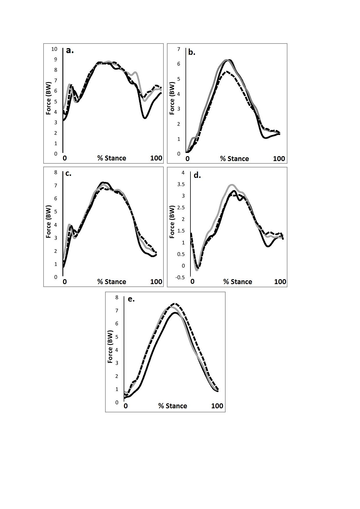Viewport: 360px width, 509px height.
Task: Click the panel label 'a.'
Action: click(x=70, y=50)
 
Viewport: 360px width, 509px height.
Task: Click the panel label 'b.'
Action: click(x=192, y=52)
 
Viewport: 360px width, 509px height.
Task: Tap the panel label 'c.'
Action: click(x=68, y=174)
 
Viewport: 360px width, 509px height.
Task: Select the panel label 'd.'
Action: click(x=197, y=175)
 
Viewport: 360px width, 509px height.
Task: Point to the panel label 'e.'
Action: click(x=131, y=299)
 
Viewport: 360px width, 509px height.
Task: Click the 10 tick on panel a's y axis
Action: click(x=54, y=49)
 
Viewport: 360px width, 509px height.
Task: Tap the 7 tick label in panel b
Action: click(x=179, y=49)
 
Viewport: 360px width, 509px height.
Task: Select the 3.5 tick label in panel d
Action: click(x=181, y=184)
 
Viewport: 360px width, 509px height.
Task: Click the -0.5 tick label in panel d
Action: click(x=180, y=277)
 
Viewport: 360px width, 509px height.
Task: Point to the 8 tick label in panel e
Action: click(x=117, y=297)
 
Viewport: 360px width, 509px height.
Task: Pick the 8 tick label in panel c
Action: click(x=56, y=172)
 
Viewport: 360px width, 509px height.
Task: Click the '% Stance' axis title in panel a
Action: click(x=111, y=158)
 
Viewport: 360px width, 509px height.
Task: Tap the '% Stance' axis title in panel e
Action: click(x=172, y=406)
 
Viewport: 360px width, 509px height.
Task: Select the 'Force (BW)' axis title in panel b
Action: click(x=172, y=98)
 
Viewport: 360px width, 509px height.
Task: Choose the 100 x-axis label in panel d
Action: click(x=280, y=282)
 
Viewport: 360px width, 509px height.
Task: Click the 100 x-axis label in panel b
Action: click(x=279, y=159)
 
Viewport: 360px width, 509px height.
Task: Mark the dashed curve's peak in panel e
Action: click(x=175, y=304)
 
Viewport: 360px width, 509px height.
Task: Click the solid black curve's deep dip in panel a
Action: click(x=145, y=118)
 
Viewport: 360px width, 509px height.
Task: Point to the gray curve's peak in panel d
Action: click(x=231, y=185)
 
